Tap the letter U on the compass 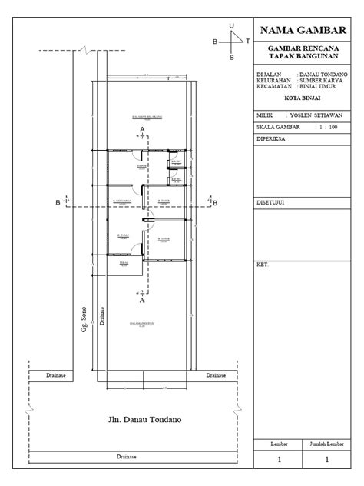point(232,26)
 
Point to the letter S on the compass point(232,57)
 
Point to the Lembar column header point(279,444)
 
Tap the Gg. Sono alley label point(83,317)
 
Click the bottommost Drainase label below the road point(127,456)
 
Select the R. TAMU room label point(123,236)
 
